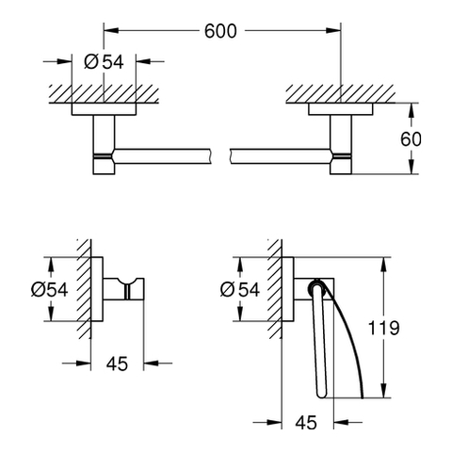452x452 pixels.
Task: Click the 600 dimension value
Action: pyautogui.click(x=220, y=31)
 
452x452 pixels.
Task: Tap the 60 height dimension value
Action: pyautogui.click(x=411, y=138)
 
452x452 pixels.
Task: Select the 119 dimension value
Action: pyautogui.click(x=383, y=328)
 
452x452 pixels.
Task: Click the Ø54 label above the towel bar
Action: pyautogui.click(x=104, y=61)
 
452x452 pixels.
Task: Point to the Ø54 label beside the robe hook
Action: pyautogui.click(x=49, y=289)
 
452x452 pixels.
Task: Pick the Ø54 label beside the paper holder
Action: pyautogui.click(x=240, y=289)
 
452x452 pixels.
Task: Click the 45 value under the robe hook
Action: pyautogui.click(x=117, y=363)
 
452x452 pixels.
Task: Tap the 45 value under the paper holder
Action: pyautogui.click(x=306, y=423)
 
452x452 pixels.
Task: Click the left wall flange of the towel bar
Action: pyautogui.click(x=104, y=109)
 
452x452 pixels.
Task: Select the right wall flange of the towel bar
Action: pyautogui.click(x=341, y=109)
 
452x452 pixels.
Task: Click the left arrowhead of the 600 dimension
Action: pyautogui.click(x=111, y=30)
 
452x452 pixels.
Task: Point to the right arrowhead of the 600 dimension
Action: pyautogui.click(x=333, y=30)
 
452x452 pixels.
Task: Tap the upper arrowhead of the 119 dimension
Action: pyautogui.click(x=383, y=265)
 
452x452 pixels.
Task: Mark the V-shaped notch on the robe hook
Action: pyautogui.click(x=127, y=282)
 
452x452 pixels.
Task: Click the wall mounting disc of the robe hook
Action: pyautogui.click(x=97, y=289)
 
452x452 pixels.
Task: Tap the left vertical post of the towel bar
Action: pyautogui.click(x=104, y=145)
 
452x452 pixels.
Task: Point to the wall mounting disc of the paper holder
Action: pyautogui.click(x=287, y=289)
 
